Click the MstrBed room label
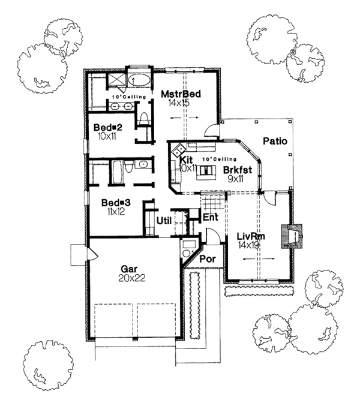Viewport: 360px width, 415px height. (181, 94)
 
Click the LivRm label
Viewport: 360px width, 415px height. (251, 235)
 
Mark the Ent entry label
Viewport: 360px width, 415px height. (210, 217)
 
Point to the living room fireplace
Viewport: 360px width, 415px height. (295, 236)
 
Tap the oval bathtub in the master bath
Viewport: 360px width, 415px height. (139, 81)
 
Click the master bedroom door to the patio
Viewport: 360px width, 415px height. (211, 128)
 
